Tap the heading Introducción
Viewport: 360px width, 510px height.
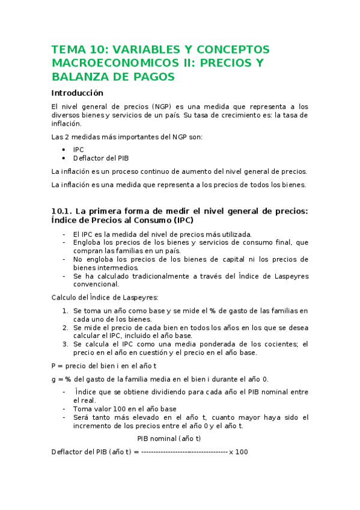coord(78,93)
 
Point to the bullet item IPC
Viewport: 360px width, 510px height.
coord(79,149)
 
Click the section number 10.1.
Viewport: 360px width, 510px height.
coord(61,210)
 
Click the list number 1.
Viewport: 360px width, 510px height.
coord(65,311)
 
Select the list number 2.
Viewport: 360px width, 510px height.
coord(65,328)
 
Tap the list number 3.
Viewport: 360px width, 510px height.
coord(65,345)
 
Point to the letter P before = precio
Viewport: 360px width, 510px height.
coord(54,366)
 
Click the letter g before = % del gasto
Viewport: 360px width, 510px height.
coord(54,379)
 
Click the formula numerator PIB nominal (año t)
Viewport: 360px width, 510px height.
coord(169,438)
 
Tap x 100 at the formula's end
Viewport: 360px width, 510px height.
coord(238,452)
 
